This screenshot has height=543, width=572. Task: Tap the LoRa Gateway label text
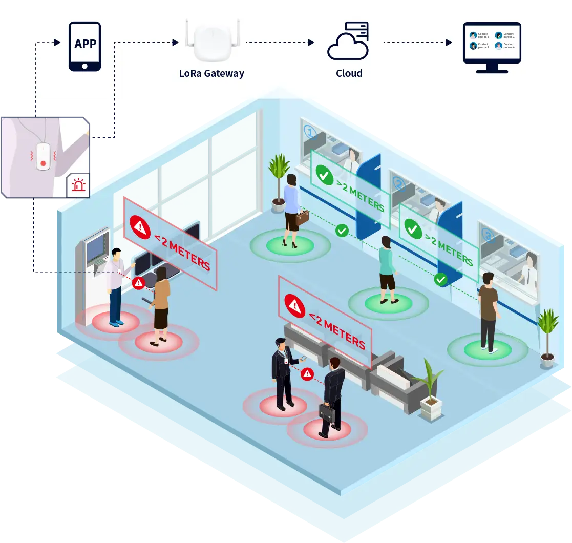pos(211,73)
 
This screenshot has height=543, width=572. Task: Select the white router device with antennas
pos(211,44)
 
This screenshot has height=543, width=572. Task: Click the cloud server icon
pos(348,41)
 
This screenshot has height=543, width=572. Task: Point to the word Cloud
pos(349,73)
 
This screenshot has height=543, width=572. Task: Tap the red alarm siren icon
pos(78,185)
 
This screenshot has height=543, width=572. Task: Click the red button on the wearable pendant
pos(43,163)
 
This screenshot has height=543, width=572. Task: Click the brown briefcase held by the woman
pos(302,218)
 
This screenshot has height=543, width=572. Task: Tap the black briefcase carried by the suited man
pos(327,412)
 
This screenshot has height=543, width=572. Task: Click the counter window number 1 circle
pos(310,132)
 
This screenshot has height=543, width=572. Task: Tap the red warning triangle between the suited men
pos(307,374)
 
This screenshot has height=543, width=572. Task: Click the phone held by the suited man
pos(303,358)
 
